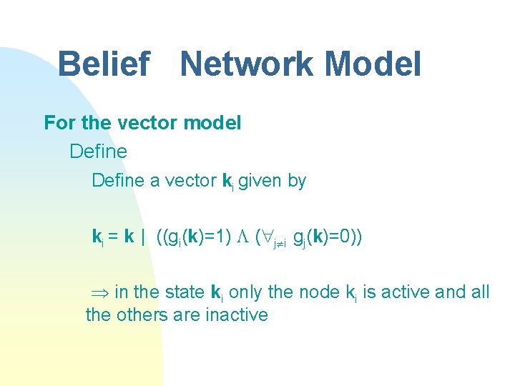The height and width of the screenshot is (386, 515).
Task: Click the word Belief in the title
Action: pos(103,64)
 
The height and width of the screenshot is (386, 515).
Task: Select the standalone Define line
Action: pos(98,152)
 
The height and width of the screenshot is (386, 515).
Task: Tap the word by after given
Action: pos(297,182)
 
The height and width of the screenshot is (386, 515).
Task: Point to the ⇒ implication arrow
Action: pos(99,292)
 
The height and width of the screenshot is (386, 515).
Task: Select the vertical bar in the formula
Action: pos(144,237)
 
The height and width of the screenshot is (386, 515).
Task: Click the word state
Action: pos(184,292)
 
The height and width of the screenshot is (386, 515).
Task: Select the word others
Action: pos(144,315)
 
